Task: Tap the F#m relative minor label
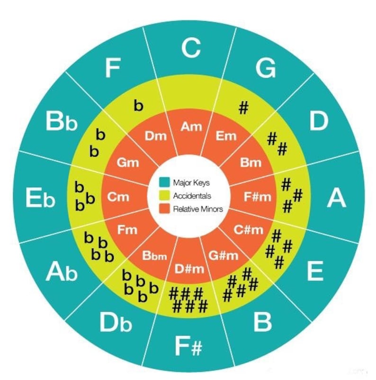[x=258, y=197]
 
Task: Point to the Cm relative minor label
[x=118, y=197]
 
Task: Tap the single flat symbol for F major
[x=138, y=106]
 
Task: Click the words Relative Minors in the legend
[x=197, y=208]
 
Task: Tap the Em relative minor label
[x=225, y=137]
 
